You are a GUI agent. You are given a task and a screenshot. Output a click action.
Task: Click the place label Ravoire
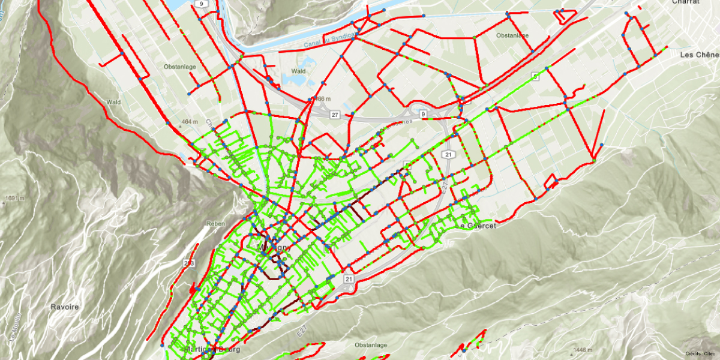pyautogui.click(x=64, y=307)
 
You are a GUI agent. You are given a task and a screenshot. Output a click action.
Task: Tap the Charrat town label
pyautogui.click(x=686, y=2)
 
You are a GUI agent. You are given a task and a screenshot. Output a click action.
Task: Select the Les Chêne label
pyautogui.click(x=699, y=55)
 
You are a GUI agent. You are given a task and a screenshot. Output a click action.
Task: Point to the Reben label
pyautogui.click(x=215, y=223)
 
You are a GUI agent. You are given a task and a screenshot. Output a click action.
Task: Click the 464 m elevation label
pyautogui.click(x=189, y=122)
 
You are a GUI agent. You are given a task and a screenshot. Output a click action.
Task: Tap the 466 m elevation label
pyautogui.click(x=322, y=98)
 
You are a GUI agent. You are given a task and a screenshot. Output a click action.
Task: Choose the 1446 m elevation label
pyautogui.click(x=580, y=350)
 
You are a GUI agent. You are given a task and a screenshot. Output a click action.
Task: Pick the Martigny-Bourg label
pyautogui.click(x=206, y=350)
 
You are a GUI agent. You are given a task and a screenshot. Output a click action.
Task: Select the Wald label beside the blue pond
pyautogui.click(x=298, y=71)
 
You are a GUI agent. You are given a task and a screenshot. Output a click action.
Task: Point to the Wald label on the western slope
pyautogui.click(x=113, y=102)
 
